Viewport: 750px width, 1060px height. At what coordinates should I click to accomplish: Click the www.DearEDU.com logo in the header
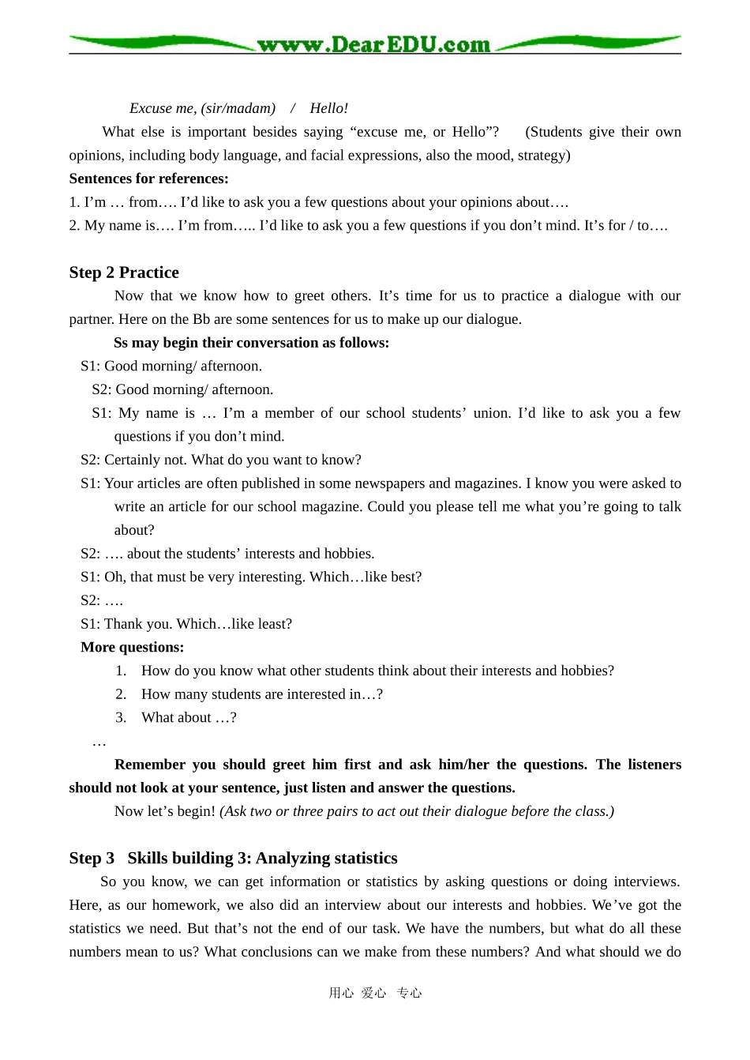(373, 44)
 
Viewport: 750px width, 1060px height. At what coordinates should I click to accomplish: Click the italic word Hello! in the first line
(328, 108)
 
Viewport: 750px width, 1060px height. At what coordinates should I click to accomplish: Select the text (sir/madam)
(238, 108)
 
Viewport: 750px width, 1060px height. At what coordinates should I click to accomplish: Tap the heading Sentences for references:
(148, 179)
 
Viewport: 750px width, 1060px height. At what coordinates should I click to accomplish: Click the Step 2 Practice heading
(124, 273)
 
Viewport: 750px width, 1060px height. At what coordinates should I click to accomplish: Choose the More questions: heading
(132, 648)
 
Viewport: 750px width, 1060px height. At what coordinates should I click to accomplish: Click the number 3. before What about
(121, 718)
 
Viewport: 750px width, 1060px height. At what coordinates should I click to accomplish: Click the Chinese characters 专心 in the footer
(409, 993)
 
